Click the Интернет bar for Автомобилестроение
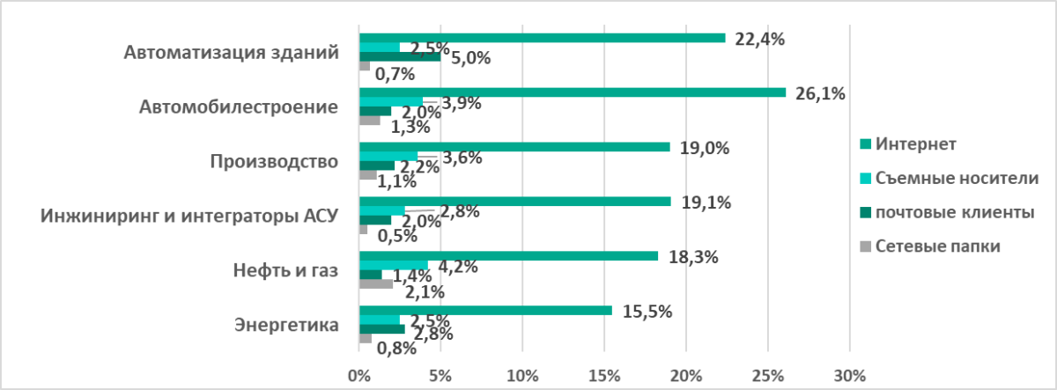573,92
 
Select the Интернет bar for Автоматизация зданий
542,38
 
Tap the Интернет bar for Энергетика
485,311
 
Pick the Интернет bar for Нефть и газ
508,256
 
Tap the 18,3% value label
693,257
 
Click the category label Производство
275,161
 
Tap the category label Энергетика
286,325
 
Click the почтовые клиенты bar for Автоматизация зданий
400,57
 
